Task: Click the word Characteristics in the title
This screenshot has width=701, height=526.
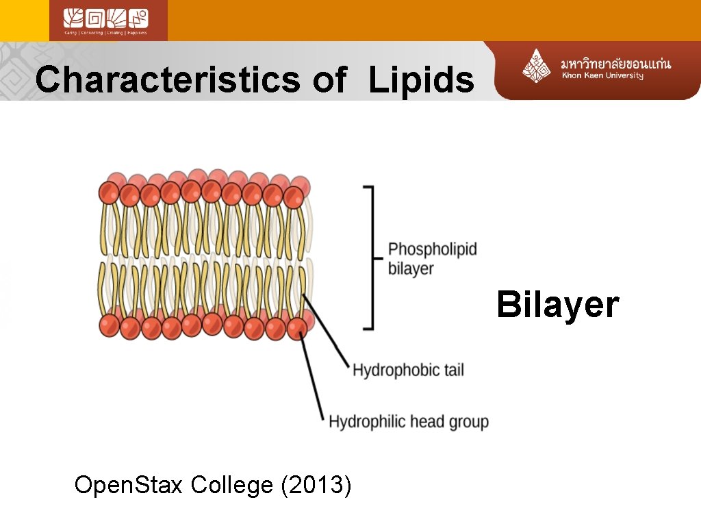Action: [167, 79]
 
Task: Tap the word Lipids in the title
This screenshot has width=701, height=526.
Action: [421, 81]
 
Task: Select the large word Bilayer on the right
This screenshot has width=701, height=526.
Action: [557, 305]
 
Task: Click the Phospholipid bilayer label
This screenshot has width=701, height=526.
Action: [432, 258]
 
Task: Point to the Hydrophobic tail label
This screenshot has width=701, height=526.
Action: [408, 371]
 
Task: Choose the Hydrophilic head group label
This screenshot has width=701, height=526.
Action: [409, 421]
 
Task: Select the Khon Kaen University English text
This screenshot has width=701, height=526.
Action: [602, 76]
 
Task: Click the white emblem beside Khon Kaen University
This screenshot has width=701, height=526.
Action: [537, 66]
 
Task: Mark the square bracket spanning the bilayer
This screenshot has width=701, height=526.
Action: [370, 258]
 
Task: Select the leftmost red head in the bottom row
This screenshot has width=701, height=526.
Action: [110, 325]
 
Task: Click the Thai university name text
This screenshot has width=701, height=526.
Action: [615, 64]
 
